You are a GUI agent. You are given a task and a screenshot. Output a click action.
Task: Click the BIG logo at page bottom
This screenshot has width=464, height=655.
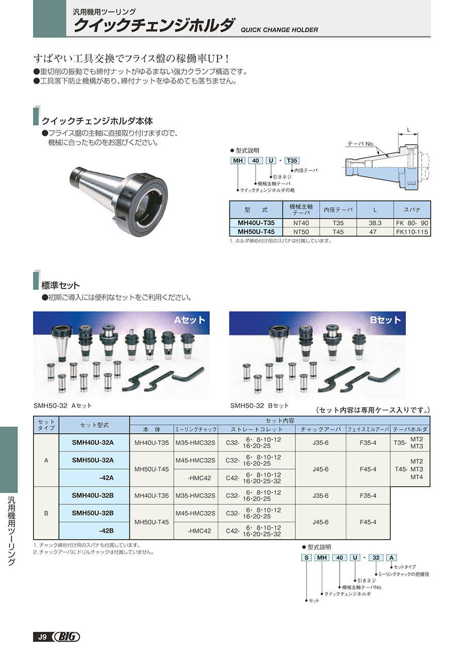pos(67,637)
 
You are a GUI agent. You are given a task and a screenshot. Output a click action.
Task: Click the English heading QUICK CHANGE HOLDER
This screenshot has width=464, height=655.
pos(279,30)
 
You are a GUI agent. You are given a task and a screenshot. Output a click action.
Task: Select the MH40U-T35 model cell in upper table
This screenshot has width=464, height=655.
pos(256,223)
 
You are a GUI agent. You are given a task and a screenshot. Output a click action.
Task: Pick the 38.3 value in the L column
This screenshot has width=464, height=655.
pos(375,223)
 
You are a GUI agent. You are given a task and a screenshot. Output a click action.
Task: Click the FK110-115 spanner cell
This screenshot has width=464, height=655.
pos(412,232)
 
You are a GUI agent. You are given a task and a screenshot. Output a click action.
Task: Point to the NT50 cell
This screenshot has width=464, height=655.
pos(301,232)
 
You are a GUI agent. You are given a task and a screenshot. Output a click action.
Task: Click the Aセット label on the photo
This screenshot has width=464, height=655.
pos(189,320)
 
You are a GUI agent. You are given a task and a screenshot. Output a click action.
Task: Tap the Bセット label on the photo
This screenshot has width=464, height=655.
pos(385,320)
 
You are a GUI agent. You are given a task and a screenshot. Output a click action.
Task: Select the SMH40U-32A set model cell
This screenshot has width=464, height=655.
pos(93,442)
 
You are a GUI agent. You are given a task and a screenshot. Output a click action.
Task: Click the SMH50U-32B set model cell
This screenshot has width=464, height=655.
pos(93,513)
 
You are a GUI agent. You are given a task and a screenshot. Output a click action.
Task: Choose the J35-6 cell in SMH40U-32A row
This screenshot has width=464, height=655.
pos(320,442)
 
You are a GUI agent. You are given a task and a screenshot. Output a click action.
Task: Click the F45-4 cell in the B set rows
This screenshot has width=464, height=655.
pos(368,522)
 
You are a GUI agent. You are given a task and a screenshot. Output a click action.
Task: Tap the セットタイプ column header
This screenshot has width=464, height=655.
pos(46,425)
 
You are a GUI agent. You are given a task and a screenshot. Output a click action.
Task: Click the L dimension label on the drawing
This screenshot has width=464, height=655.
pos(408,131)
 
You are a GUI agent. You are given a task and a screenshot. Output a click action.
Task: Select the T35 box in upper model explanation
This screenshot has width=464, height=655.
pos(292,161)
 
